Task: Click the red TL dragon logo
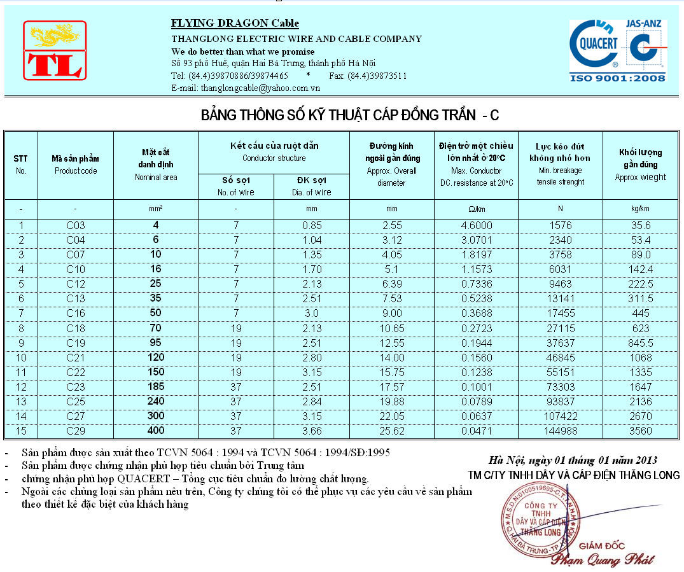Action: (x=55, y=50)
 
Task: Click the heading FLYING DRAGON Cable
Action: (x=235, y=24)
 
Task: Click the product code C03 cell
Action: (x=76, y=225)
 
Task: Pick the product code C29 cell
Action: (x=76, y=431)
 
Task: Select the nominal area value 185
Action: (x=156, y=386)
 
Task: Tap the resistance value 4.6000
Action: (x=476, y=225)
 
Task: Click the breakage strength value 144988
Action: (x=560, y=431)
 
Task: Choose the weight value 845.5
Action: (x=641, y=342)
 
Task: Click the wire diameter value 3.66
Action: (x=311, y=431)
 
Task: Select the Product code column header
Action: (x=76, y=165)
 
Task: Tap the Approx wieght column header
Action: (x=641, y=165)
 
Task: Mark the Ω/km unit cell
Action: (x=476, y=209)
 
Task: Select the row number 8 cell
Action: (x=21, y=328)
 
